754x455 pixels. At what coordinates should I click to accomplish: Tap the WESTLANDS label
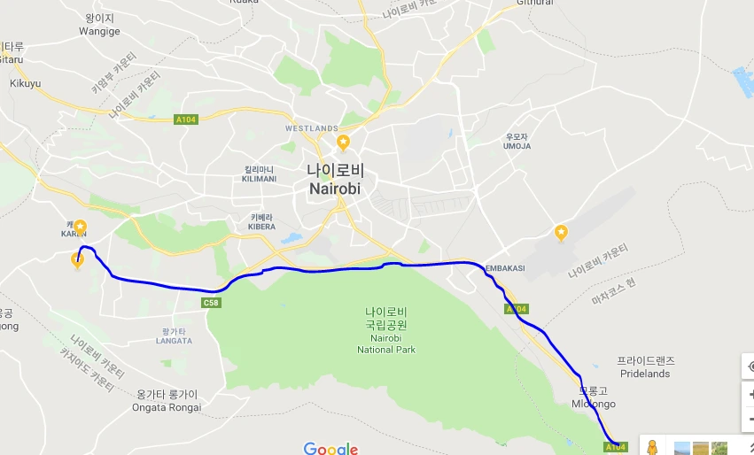click(312, 128)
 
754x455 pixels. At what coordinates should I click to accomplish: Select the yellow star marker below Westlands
click(343, 142)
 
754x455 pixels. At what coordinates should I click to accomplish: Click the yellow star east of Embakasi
click(561, 232)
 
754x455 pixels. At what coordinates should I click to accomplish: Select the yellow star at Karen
click(80, 227)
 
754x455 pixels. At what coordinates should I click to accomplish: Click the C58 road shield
click(211, 303)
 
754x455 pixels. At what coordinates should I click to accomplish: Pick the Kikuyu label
click(25, 83)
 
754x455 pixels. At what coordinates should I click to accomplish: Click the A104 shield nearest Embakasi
click(517, 309)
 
